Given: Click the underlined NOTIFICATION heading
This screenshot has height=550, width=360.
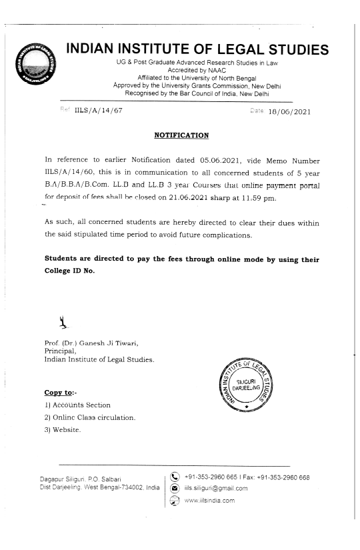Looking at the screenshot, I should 182,135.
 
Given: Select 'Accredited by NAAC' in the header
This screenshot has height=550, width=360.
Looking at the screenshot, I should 189,69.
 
